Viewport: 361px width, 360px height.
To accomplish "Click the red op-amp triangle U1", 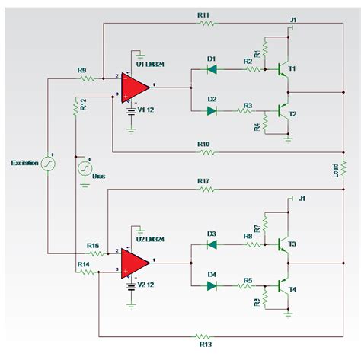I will coord(136,86).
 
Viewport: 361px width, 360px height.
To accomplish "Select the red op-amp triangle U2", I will coord(136,261).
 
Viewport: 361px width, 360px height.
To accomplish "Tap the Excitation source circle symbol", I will coord(48,163).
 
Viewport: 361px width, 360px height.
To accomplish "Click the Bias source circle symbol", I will coord(84,168).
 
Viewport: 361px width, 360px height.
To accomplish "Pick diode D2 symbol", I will coord(211,110).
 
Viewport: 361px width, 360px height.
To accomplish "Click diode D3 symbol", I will coord(211,244).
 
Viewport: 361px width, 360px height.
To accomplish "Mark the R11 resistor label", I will coord(203,15).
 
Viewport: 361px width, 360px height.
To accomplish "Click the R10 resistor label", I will coord(203,144).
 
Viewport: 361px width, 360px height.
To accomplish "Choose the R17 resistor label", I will coord(203,181).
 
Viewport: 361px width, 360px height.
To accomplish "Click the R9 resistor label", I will coord(81,71).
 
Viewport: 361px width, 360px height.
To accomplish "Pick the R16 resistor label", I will coord(93,245).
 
